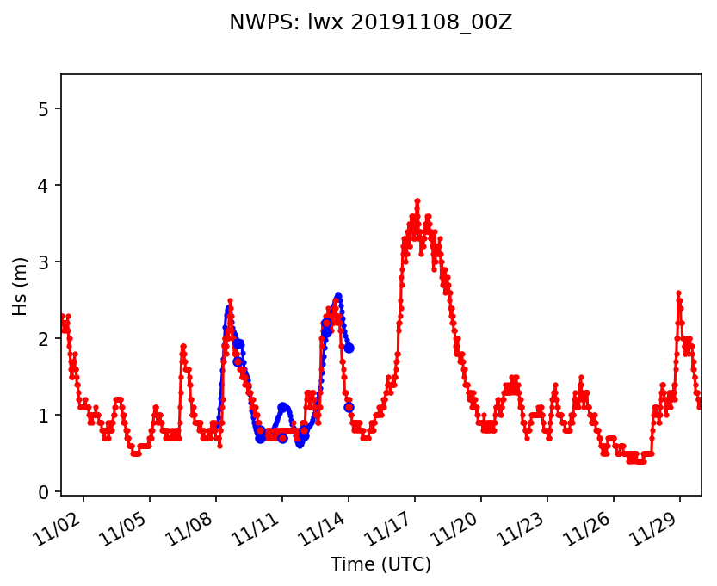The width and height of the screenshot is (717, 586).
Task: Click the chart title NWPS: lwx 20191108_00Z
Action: point(370,23)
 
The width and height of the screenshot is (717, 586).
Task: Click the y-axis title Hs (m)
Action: point(20,285)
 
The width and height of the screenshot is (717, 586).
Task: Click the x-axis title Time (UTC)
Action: point(380,564)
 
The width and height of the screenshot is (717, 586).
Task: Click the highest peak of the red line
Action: point(417,200)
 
